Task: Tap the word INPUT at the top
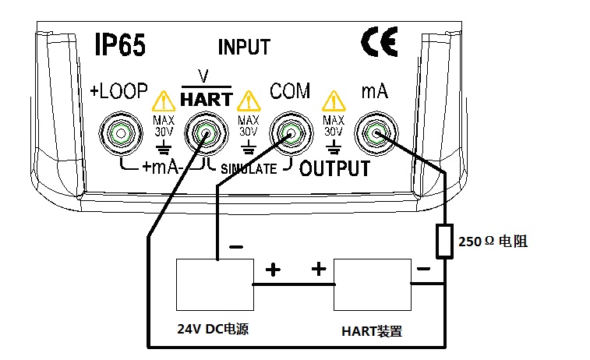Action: [x=244, y=48]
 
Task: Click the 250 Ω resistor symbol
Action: [x=444, y=241]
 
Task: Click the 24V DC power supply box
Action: [x=214, y=285]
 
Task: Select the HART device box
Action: [x=372, y=285]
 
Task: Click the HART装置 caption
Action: [x=373, y=330]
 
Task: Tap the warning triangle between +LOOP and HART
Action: [x=163, y=101]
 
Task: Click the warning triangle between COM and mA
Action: [x=334, y=101]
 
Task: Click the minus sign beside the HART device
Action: [x=423, y=269]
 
